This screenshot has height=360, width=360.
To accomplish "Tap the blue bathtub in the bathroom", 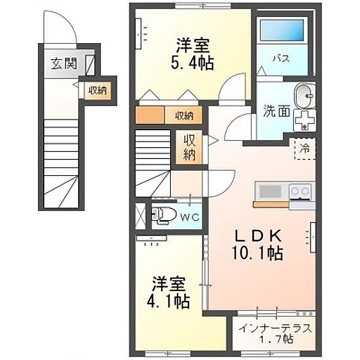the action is [282, 30].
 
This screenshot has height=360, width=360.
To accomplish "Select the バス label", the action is [281, 58].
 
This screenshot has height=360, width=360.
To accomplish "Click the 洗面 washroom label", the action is [276, 111].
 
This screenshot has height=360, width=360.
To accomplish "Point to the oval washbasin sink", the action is [304, 96].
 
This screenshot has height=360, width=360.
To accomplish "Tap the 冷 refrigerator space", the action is [305, 148].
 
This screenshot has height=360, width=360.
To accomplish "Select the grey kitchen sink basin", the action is [270, 191].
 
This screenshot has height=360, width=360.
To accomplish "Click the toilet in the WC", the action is [164, 215].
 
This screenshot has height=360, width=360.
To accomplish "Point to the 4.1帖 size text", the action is [168, 301].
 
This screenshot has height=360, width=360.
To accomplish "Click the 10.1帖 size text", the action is [258, 253].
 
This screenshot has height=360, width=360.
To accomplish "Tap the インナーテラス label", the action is [276, 328].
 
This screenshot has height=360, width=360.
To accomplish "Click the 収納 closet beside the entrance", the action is [98, 91].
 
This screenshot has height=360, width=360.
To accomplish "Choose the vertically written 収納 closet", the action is [190, 147].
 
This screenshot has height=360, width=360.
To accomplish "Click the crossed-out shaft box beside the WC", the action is [141, 216].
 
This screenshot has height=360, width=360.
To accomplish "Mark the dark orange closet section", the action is [150, 115].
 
